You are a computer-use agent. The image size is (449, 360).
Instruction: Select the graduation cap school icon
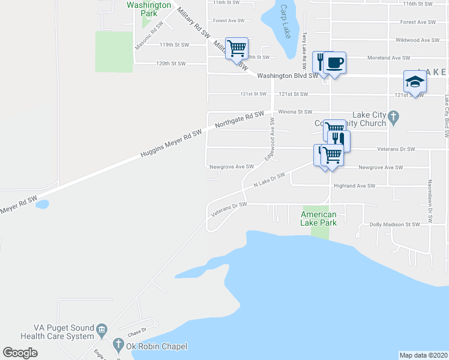414,82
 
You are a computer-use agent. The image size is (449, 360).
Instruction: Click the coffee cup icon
335,62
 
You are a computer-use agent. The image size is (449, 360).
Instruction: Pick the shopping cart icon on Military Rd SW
237,48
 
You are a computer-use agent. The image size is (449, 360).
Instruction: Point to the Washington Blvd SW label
288,76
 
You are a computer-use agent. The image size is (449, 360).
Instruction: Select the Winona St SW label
295,112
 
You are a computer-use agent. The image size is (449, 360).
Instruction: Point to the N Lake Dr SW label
268,181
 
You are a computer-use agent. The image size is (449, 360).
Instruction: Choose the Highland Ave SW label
354,186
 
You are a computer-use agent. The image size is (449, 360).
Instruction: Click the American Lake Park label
319,218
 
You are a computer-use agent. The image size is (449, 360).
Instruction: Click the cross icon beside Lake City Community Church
393,118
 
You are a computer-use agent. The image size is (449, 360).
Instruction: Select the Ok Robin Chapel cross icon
118,346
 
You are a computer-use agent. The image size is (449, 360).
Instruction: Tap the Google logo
20,353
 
